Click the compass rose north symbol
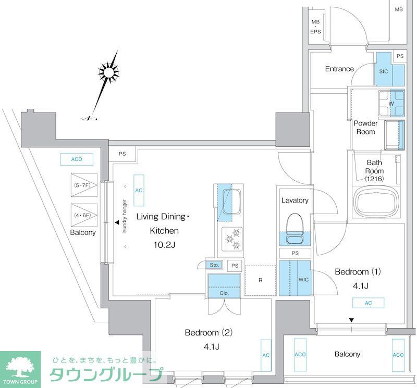[x=108, y=72]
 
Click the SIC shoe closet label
[x=384, y=71]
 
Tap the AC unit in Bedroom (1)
[x=368, y=303]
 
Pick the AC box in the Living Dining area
[x=139, y=190]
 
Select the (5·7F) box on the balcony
[x=84, y=184]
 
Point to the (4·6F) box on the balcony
[x=84, y=214]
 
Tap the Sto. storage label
[x=214, y=265]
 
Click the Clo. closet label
[x=225, y=293]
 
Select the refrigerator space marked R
[x=260, y=280]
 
